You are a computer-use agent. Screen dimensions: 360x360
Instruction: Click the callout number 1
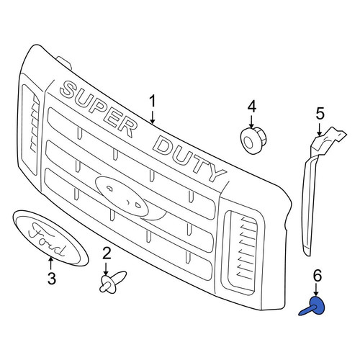coord(153,102)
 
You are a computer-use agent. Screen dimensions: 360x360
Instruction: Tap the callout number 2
coord(107,253)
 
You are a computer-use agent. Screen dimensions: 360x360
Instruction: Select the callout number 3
coord(52,279)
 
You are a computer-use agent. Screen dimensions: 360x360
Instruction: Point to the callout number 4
coord(251,107)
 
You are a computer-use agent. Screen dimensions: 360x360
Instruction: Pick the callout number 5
coord(320,113)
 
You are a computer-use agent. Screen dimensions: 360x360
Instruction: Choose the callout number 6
coord(317,276)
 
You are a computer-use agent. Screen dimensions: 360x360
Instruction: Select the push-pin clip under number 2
coord(112,282)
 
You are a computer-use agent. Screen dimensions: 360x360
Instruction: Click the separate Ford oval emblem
coord(50,238)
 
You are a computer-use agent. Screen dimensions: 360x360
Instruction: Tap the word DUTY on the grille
coord(189,158)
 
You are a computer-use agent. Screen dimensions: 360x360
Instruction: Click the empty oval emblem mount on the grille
coord(122,197)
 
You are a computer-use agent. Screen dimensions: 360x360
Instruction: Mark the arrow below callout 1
coord(153,117)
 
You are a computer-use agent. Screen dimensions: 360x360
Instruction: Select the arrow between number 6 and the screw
coord(316,290)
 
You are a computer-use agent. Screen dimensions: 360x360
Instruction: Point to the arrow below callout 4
coord(251,122)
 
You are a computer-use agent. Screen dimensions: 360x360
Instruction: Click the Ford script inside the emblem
coord(47,239)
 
